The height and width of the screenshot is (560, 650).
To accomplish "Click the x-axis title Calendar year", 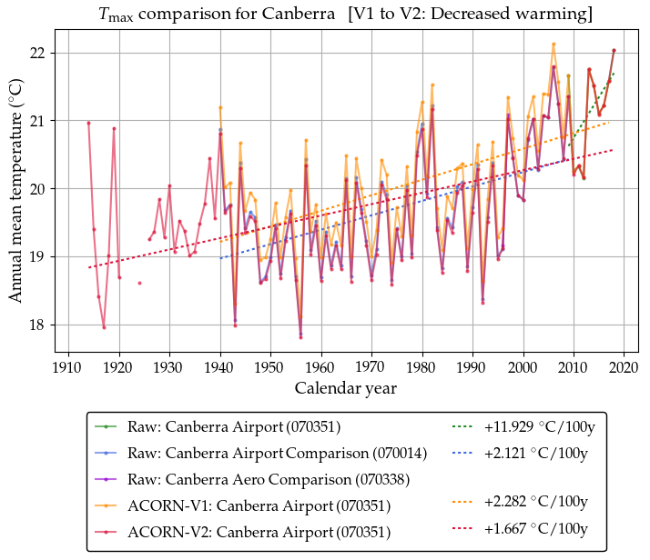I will pos(345,388).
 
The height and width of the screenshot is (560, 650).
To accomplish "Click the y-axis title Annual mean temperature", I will pos(15,191).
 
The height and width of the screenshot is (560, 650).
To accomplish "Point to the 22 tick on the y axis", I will pos(39,53).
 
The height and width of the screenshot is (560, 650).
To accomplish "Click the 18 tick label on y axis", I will pos(39,325).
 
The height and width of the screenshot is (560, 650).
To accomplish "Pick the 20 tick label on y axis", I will pos(39,189).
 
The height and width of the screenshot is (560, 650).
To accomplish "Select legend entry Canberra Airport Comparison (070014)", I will pos(289,452).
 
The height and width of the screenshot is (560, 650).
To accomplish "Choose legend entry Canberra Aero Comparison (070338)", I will pos(282,478).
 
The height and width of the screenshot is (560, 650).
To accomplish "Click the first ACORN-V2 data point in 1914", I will pos(88,123).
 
